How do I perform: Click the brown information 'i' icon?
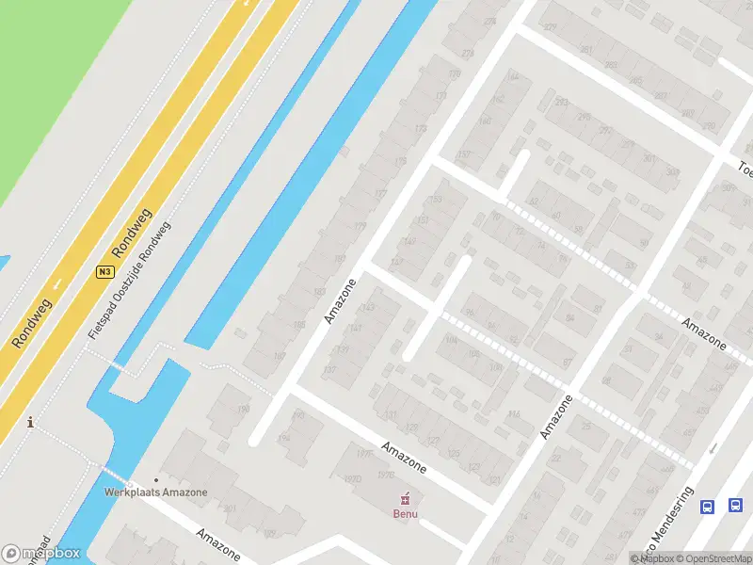coord(31,422)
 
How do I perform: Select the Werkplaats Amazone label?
coord(156,492)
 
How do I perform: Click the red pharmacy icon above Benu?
coord(406,498)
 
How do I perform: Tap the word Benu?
coord(406,513)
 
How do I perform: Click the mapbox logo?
coord(41,554)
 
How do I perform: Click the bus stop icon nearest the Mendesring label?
coord(708,506)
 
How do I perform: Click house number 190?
coord(244,409)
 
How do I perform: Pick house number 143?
coord(368,308)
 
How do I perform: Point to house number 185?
coord(299,325)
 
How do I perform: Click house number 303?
coord(672,172)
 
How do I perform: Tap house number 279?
coord(550,27)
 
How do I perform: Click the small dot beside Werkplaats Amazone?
coord(156,480)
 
